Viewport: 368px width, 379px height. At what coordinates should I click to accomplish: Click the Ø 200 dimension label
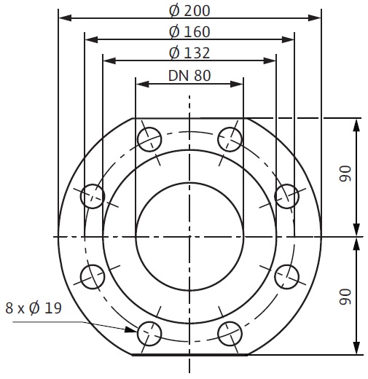pos(189,11)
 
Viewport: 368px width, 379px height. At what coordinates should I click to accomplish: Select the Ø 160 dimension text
pos(189,32)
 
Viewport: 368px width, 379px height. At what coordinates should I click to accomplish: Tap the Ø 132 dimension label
pos(189,53)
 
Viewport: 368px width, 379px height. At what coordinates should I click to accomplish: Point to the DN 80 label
pos(189,75)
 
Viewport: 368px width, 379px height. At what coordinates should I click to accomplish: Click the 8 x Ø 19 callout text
pos(34,308)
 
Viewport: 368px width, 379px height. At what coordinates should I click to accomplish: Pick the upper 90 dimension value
pos(345,173)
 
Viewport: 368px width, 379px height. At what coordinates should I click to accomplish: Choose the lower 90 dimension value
pos(345,297)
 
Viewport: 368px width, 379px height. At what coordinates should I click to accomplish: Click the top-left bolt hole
pos(149,139)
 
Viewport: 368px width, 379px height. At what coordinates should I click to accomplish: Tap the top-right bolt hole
pos(230,139)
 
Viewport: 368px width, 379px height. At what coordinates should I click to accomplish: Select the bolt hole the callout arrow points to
pos(149,334)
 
